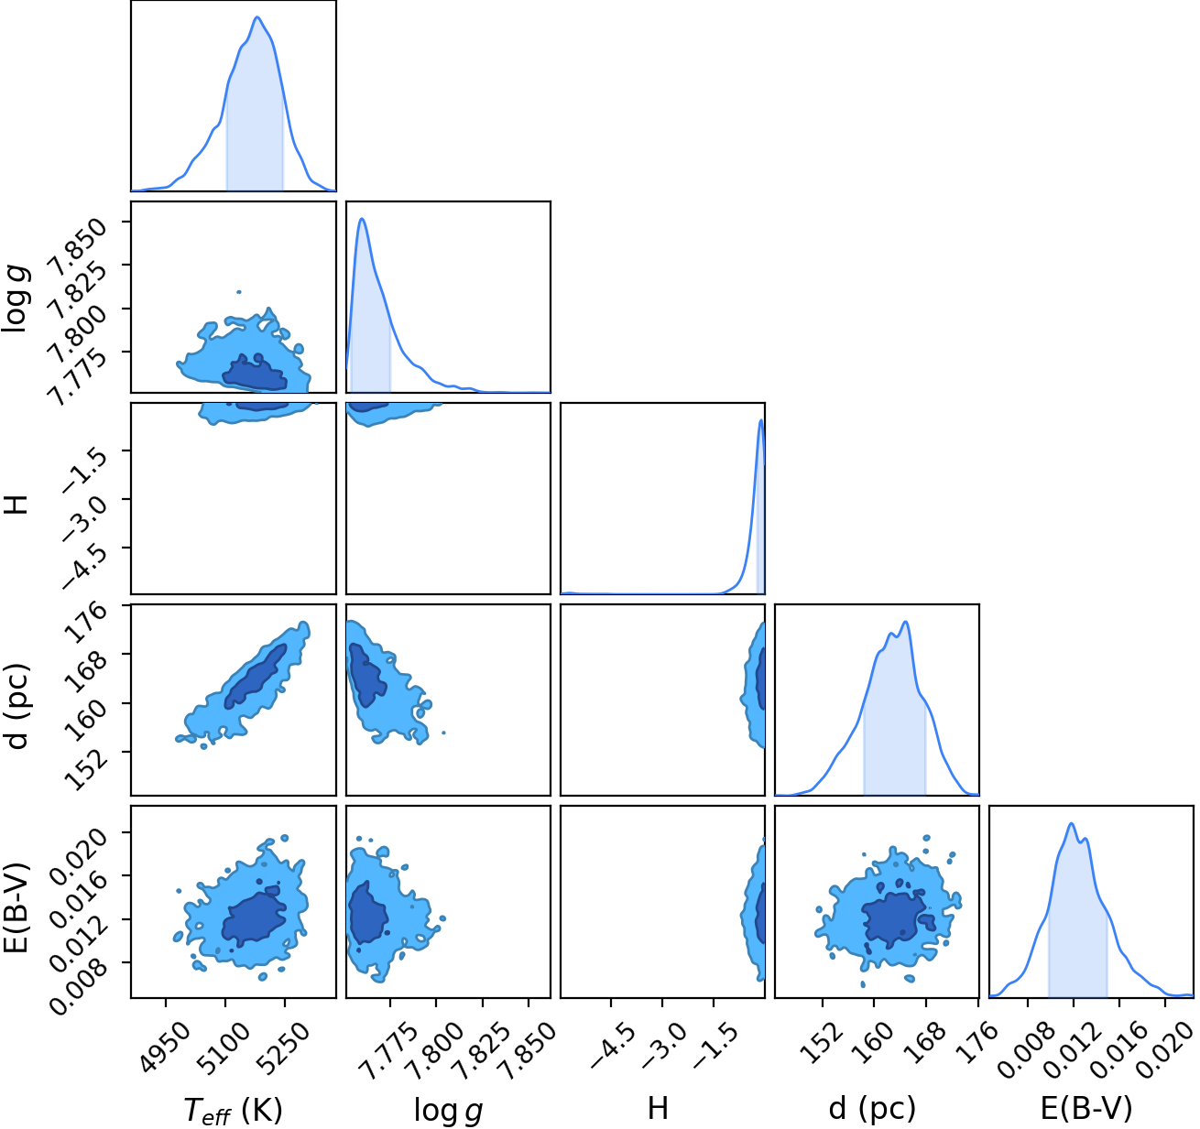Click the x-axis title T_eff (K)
click(233, 1109)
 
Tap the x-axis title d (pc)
click(872, 1109)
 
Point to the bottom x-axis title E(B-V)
click(1085, 1109)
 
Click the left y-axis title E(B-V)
click(18, 901)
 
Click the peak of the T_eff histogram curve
click(257, 16)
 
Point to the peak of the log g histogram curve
click(362, 219)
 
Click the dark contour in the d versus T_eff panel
click(256, 676)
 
